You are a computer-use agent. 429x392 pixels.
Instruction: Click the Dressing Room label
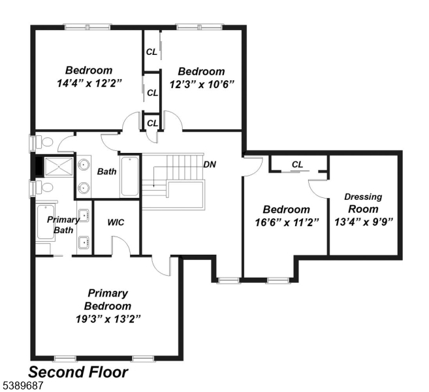(363, 203)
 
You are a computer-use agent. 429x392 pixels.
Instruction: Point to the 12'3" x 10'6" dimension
(201, 84)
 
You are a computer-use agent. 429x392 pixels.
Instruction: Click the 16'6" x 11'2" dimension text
(286, 222)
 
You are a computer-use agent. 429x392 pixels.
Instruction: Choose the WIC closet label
(116, 222)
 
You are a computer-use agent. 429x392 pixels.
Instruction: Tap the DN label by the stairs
(210, 164)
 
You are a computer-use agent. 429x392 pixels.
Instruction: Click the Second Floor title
(78, 372)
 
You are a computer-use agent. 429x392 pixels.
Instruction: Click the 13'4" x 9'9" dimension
(363, 222)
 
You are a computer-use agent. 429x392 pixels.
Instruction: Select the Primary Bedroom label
(108, 299)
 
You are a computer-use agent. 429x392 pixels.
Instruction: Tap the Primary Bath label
(63, 225)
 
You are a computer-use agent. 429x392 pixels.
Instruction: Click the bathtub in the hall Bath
(130, 176)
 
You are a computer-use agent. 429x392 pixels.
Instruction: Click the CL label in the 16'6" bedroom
(298, 165)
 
